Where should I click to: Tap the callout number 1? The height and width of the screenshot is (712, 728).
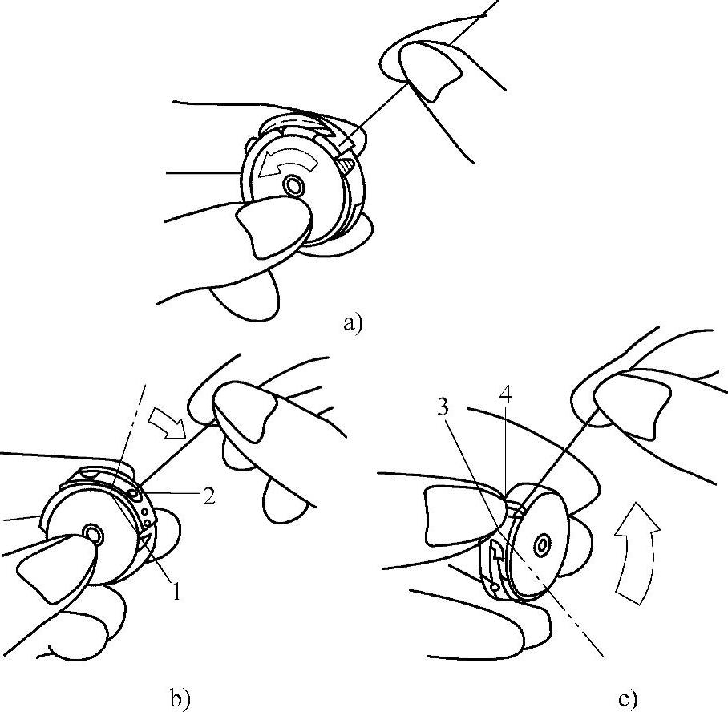click(177, 592)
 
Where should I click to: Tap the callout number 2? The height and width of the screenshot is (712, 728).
click(209, 497)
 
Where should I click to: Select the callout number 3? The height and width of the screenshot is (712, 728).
click(443, 408)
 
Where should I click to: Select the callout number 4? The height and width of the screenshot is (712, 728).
click(506, 394)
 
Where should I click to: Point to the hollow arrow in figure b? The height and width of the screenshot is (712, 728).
click(166, 424)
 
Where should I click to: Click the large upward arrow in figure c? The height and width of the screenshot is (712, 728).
click(635, 552)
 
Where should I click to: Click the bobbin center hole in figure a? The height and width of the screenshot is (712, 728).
click(293, 186)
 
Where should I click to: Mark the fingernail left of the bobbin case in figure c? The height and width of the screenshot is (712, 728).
click(464, 515)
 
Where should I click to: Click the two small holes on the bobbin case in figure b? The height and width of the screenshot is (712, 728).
click(147, 517)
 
